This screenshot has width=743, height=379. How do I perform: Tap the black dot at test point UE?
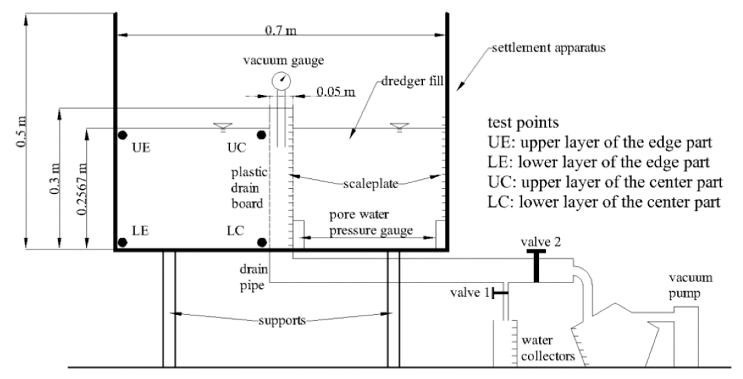123,135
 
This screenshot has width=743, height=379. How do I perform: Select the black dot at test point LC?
262,242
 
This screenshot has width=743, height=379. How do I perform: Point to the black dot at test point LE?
123,242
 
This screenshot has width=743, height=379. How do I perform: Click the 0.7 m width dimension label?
280,31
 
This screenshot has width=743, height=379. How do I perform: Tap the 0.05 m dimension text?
336,92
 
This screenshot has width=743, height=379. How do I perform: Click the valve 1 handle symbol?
499,293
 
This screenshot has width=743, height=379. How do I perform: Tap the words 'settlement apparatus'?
549,48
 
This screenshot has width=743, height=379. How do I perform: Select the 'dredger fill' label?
412,81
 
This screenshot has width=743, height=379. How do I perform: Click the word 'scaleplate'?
370,184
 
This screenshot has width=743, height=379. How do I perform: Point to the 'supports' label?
282,320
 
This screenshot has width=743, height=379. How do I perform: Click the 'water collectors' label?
548,348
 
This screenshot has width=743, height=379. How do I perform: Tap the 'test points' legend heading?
523,123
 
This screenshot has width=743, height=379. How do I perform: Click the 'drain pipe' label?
253,278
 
